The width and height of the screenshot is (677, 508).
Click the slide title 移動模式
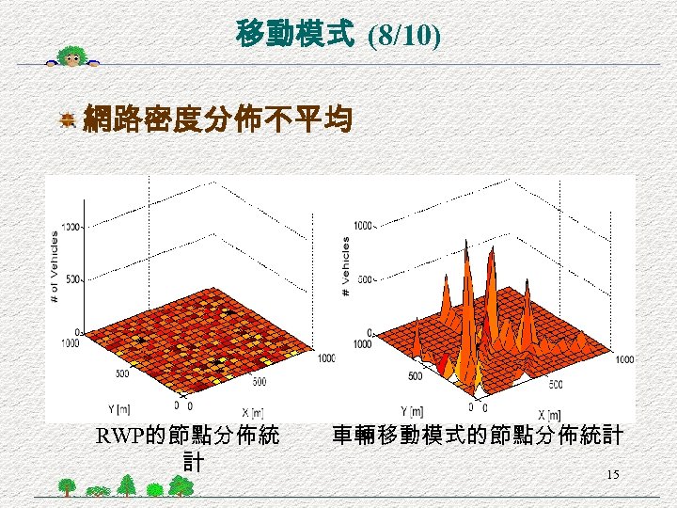pyautogui.click(x=295, y=36)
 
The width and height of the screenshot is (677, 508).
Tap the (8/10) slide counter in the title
pyautogui.click(x=403, y=37)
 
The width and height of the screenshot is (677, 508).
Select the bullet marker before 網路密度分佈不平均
pyautogui.click(x=68, y=119)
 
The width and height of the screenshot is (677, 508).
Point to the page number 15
pyautogui.click(x=612, y=475)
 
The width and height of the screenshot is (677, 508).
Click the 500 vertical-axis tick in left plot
pyautogui.click(x=73, y=279)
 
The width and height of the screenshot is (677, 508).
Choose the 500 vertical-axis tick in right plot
pyautogui.click(x=365, y=279)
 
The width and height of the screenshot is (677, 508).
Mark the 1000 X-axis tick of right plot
pyautogui.click(x=624, y=359)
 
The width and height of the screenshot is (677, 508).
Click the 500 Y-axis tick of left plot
pyautogui.click(x=121, y=373)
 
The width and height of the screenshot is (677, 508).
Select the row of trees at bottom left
pyautogui.click(x=122, y=486)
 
